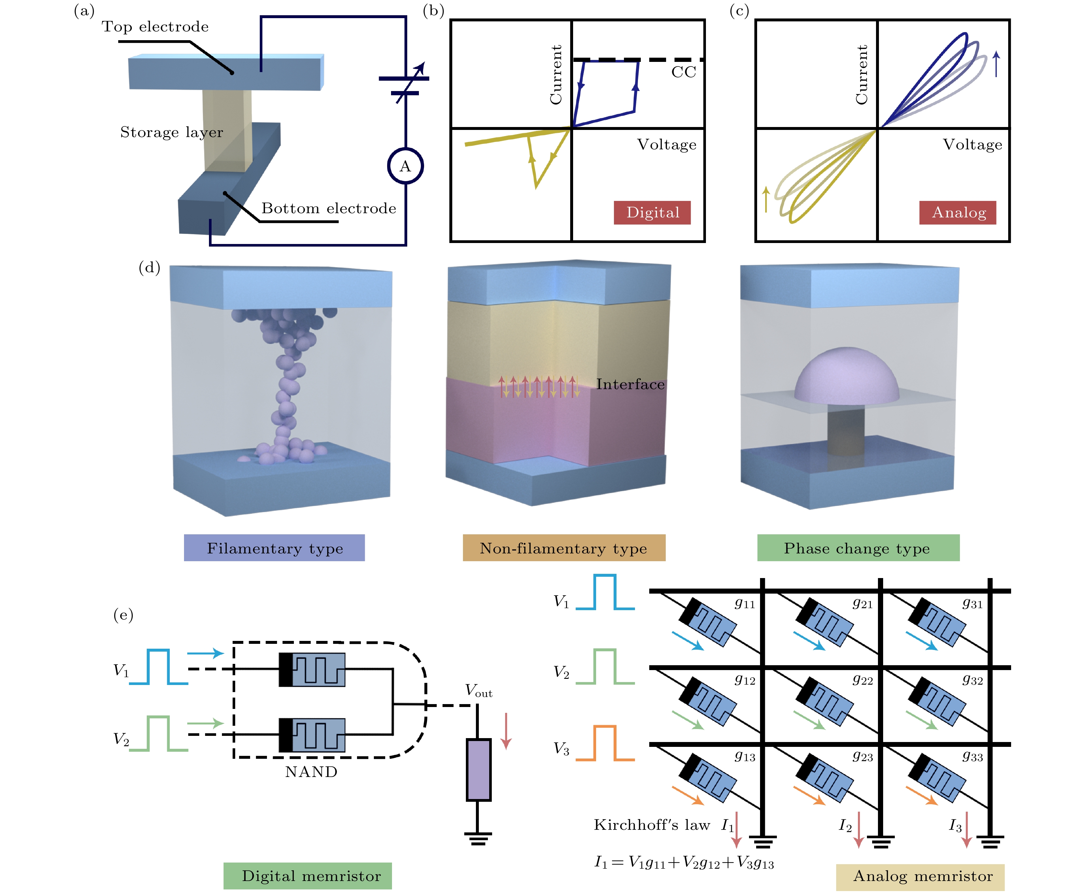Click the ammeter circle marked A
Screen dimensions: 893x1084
[405, 166]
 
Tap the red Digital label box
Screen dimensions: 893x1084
[652, 213]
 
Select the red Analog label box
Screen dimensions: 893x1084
[958, 213]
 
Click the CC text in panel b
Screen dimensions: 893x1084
[684, 72]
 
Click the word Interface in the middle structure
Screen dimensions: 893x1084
[630, 384]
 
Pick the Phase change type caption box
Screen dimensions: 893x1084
[858, 548]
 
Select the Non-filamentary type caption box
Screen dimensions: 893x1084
[564, 548]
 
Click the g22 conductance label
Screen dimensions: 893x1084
[862, 680]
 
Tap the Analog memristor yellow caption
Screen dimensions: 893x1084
[920, 876]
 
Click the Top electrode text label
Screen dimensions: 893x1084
[155, 27]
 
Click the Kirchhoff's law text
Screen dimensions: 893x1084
[652, 825]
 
